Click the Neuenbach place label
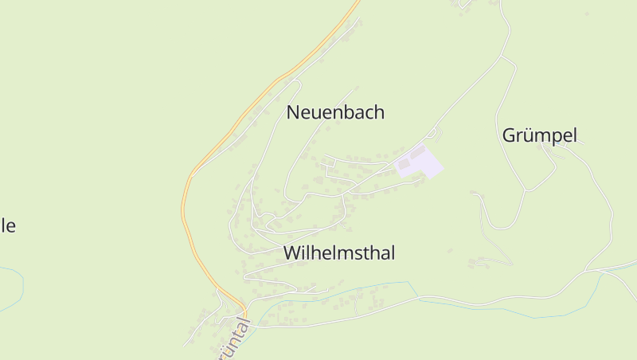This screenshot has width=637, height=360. coord(335,113)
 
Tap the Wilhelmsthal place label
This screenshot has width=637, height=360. coord(339,253)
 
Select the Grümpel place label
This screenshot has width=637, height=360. coord(539,135)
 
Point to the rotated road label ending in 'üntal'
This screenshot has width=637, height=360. coord(234,341)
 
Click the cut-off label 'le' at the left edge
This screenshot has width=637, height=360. coord(7,225)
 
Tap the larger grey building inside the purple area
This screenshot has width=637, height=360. coord(405,164)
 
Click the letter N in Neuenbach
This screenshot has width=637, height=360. coord(292,113)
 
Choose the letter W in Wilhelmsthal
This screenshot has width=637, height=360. coord(291,253)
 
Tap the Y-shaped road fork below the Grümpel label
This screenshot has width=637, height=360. coord(526,190)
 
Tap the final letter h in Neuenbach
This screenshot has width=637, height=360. coord(379,113)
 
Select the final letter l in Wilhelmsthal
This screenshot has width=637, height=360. coord(393,253)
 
